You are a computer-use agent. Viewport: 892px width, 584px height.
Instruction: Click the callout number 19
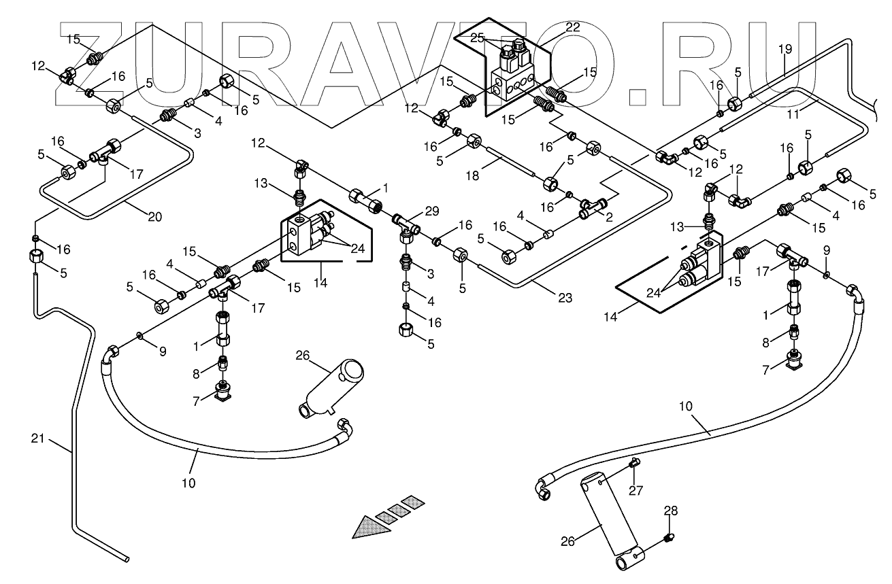[785, 49]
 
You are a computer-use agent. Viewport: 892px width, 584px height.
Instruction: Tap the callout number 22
[572, 27]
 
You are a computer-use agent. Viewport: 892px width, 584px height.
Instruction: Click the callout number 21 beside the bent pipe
[38, 439]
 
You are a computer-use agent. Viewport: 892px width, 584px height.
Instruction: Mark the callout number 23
[564, 297]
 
